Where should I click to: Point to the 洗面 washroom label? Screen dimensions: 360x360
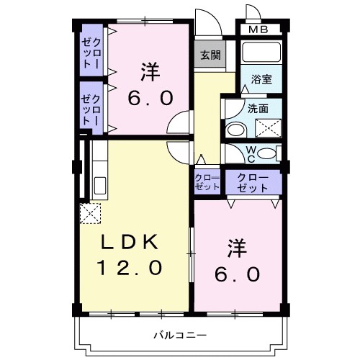[258, 109]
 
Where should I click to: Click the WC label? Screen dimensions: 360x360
[251, 153]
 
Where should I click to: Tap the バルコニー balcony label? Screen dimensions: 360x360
[181, 335]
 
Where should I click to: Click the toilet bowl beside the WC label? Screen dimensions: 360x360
[266, 153]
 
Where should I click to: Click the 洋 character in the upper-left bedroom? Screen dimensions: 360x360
[150, 71]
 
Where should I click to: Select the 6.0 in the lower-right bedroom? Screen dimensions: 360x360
[237, 274]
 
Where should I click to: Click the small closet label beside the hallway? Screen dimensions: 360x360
[207, 181]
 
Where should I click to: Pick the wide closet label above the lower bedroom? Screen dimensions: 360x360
[252, 182]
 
